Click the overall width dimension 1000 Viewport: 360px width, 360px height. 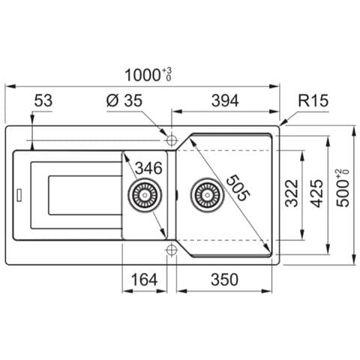142,75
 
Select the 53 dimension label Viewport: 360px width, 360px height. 43,100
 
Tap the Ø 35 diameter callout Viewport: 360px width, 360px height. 124,100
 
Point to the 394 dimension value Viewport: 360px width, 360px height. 225,100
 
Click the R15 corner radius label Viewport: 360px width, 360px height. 313,100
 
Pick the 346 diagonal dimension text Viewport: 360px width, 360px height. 148,168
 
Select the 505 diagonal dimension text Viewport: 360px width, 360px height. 237,188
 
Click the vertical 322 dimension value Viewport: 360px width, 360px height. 292,193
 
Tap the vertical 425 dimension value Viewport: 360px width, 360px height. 318,193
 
